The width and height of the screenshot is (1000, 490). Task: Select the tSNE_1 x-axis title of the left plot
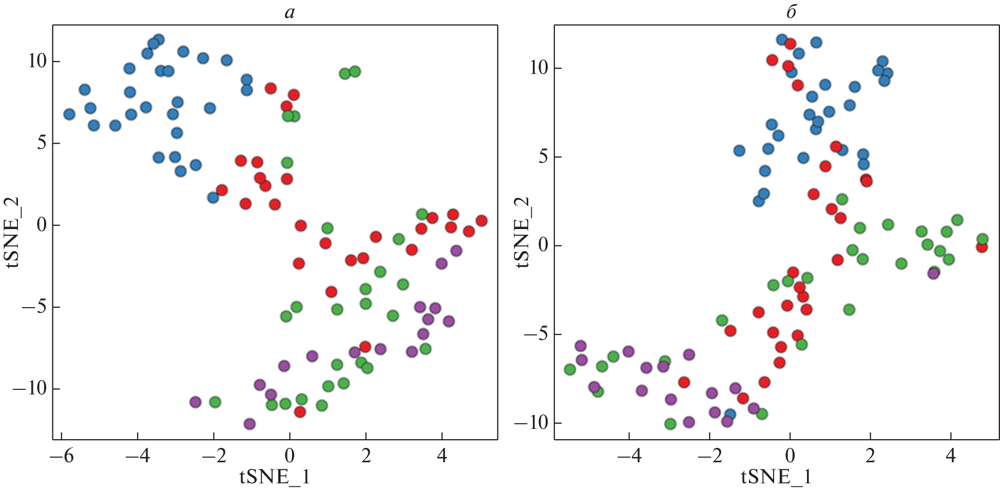275,477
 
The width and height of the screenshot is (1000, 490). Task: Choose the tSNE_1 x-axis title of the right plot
776,477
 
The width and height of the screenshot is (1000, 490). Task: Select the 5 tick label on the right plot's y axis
543,157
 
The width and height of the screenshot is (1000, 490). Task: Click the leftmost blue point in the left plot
69,114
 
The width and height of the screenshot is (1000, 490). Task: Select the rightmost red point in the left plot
482,220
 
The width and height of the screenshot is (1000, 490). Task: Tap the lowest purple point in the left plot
249,424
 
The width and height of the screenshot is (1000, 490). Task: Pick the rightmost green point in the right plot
983,239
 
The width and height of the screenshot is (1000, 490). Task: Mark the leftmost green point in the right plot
570,369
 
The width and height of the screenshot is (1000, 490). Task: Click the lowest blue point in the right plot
729,414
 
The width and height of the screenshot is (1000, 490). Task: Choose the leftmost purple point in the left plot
195,402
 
